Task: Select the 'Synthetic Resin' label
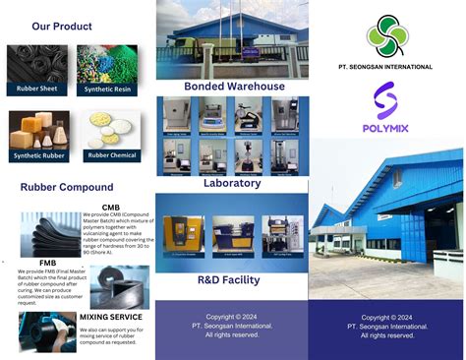point(107,89)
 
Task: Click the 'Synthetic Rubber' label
point(38,155)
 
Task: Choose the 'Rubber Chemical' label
point(111,154)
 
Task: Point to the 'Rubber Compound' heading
point(67,187)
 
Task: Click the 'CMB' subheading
point(111,208)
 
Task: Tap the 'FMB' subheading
point(47,264)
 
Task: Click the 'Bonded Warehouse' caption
point(234,87)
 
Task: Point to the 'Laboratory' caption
point(232,183)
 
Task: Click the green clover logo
point(385,35)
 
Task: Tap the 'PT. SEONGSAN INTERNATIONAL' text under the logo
point(385,67)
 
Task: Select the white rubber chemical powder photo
point(111,131)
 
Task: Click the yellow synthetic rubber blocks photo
point(38,130)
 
